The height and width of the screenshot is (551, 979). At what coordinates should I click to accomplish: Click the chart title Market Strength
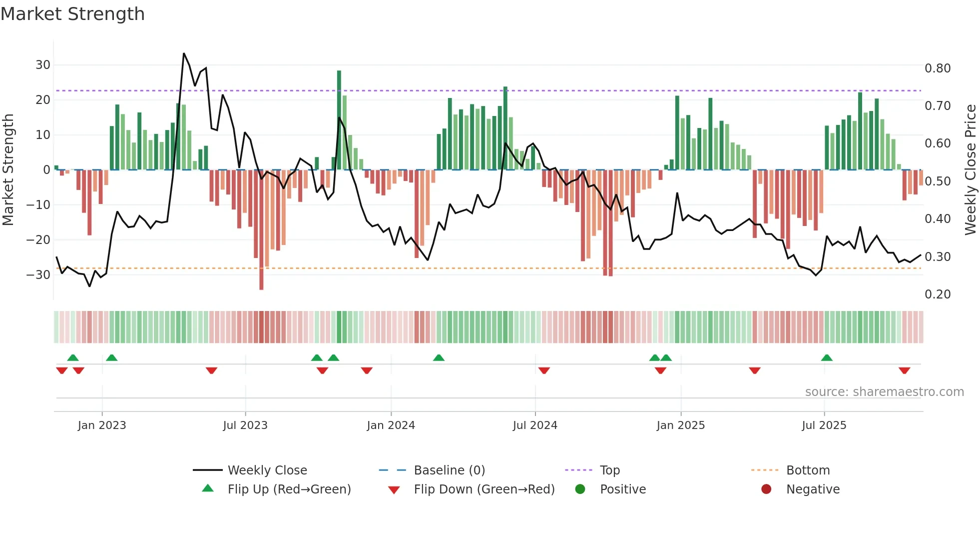click(x=72, y=14)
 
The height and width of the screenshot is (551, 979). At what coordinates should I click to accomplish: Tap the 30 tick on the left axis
click(x=42, y=65)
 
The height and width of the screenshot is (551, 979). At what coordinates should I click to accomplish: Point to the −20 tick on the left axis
click(x=38, y=240)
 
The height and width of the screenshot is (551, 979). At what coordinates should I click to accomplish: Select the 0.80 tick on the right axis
click(x=937, y=68)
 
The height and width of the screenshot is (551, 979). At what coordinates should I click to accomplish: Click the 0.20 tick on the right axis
click(x=937, y=294)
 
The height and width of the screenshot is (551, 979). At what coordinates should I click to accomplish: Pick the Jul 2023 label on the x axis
click(x=245, y=425)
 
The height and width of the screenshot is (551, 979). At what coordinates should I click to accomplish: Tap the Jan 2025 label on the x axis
click(x=680, y=425)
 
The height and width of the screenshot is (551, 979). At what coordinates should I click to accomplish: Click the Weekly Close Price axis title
click(x=970, y=169)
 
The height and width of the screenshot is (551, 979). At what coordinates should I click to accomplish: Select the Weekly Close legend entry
click(x=267, y=470)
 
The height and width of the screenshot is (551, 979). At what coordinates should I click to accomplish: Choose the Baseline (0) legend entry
click(x=449, y=470)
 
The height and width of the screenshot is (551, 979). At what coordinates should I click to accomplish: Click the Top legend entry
click(x=609, y=470)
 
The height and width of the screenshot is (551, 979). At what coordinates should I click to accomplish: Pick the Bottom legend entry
click(x=808, y=470)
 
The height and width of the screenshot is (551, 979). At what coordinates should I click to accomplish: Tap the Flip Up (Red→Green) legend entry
click(x=289, y=489)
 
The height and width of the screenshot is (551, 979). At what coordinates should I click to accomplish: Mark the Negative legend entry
click(x=813, y=489)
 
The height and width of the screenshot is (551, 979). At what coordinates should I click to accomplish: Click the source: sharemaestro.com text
click(x=884, y=392)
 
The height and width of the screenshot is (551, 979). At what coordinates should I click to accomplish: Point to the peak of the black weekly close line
click(x=184, y=53)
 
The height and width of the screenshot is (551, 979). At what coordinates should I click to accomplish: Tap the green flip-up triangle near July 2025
click(x=827, y=358)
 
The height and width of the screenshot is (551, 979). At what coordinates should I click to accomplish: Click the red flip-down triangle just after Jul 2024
click(x=544, y=370)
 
